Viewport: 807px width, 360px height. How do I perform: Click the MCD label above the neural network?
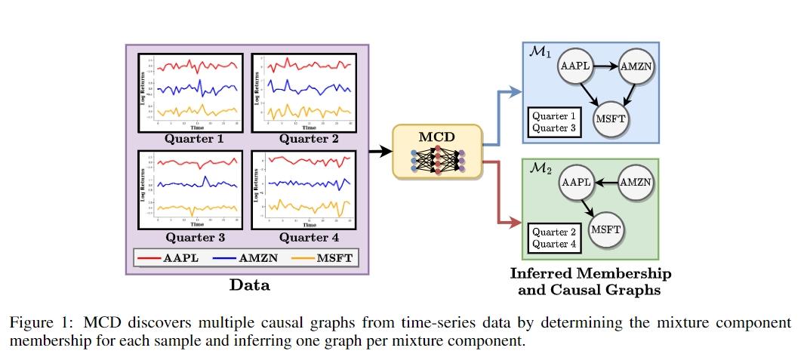tap(437, 138)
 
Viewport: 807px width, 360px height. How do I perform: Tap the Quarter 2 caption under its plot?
tap(309, 138)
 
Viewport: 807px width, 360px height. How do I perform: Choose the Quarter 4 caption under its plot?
tap(309, 238)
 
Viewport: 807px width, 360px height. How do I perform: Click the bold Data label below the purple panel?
tap(248, 286)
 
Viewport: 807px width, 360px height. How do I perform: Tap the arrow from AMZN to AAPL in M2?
tap(605, 182)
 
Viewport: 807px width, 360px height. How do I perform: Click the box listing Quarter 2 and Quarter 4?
tap(553, 237)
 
